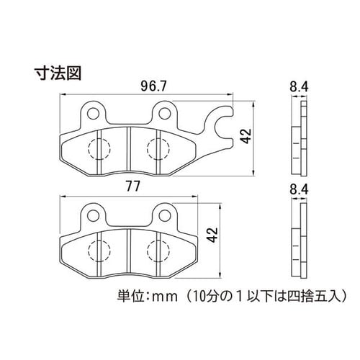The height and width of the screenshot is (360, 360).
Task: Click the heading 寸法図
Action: (x=58, y=73)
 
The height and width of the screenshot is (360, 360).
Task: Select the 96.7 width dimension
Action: (x=153, y=86)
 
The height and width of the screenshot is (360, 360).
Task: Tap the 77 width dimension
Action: (x=133, y=186)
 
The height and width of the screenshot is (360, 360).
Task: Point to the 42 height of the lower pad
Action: (x=212, y=235)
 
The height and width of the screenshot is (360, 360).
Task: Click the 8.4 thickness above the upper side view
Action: (x=299, y=86)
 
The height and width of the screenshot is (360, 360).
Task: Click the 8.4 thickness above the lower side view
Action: (x=299, y=190)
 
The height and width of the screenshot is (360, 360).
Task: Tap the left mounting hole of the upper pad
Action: (x=94, y=113)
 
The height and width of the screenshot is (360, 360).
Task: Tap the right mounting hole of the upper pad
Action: (x=164, y=113)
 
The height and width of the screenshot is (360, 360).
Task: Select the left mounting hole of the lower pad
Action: (x=94, y=215)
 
